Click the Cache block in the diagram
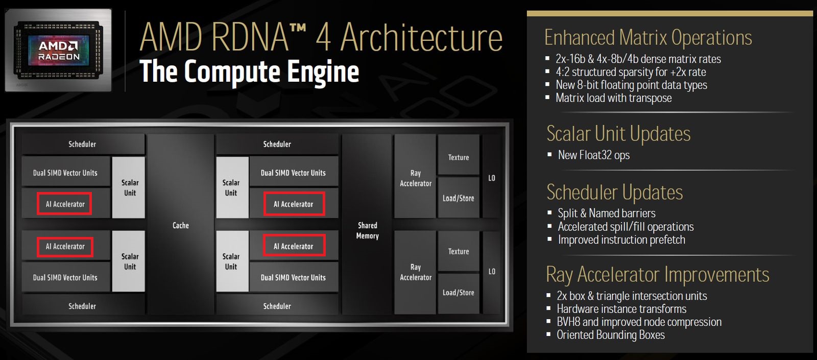point(180,225)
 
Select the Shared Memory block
point(367,230)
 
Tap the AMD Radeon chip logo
point(59,51)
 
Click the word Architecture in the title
point(421,37)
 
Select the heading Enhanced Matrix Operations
point(648,38)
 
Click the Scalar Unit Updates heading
point(618,134)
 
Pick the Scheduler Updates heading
point(614,193)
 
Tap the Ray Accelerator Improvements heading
point(657,275)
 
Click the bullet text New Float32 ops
point(593,155)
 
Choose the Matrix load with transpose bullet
point(613,98)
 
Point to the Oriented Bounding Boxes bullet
point(610,335)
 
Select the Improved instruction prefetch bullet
point(621,240)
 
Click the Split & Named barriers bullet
point(606,213)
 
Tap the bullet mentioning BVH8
point(639,322)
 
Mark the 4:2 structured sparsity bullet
point(631,72)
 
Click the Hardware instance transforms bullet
point(621,309)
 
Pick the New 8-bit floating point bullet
point(631,85)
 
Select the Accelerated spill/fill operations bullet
point(626,227)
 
